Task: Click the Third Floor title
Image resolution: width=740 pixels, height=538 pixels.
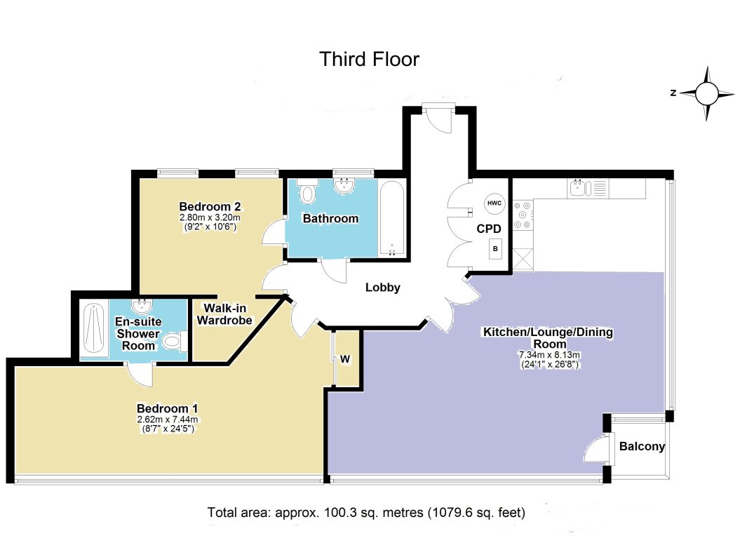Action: click(369, 59)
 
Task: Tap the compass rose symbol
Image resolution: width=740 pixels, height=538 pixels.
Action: click(707, 93)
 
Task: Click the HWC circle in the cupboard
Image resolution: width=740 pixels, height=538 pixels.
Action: click(493, 203)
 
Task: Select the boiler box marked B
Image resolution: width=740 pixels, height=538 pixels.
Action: click(496, 249)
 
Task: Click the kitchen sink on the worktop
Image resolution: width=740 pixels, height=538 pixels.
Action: click(577, 187)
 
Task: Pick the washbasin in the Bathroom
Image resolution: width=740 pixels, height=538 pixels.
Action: click(344, 187)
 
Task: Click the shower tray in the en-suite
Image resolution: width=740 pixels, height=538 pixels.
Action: click(94, 329)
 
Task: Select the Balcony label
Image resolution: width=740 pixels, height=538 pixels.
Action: click(641, 447)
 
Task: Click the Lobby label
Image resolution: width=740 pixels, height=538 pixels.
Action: click(383, 287)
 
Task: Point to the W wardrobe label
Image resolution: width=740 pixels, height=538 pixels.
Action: click(344, 359)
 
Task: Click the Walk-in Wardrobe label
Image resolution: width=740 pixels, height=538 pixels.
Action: click(224, 314)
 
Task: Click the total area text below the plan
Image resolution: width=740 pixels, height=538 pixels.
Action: click(365, 512)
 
